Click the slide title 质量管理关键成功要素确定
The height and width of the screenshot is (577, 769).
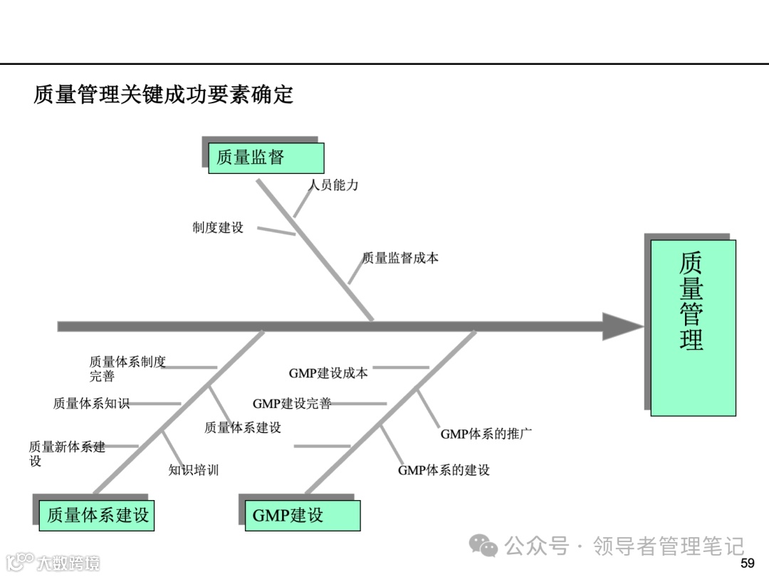[163, 95]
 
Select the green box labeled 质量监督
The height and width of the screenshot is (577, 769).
[266, 157]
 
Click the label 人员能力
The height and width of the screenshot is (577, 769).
[333, 185]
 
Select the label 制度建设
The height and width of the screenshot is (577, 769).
[218, 228]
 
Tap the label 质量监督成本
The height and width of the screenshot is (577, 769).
[401, 259]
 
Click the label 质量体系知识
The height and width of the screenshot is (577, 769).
[91, 403]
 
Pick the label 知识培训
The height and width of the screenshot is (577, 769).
[194, 470]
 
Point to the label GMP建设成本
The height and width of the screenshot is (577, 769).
[328, 373]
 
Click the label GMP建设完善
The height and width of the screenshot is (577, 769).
[292, 404]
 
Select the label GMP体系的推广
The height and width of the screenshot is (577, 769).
[486, 434]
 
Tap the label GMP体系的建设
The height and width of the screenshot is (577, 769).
[444, 470]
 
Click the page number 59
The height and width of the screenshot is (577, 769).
[747, 563]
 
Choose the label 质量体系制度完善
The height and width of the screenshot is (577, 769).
[127, 369]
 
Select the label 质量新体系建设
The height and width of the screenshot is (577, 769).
[67, 454]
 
